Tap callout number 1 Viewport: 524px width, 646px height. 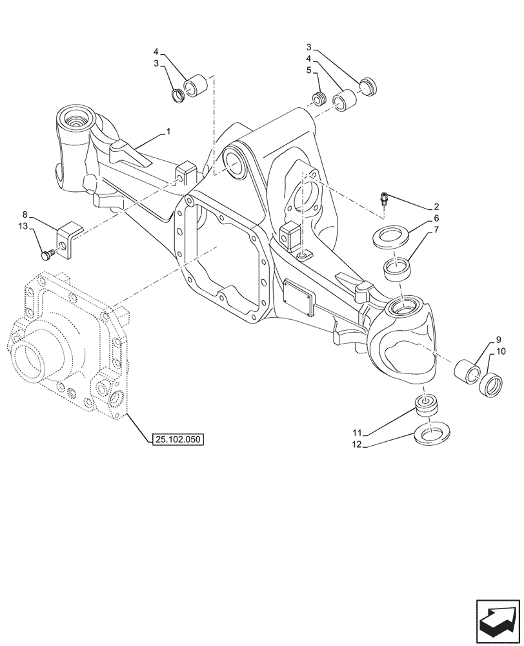168,132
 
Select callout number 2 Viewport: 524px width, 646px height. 436,207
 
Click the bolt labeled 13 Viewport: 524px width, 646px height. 47,255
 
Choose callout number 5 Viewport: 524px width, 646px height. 309,70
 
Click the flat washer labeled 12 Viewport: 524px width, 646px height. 432,434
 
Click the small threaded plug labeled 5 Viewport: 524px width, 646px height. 317,99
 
